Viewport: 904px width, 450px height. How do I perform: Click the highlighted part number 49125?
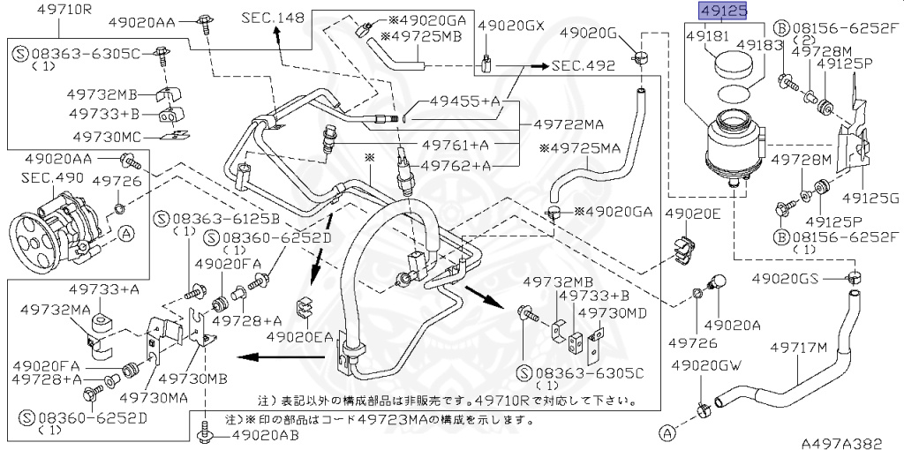(x=722, y=11)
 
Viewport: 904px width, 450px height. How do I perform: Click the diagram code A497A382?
(x=841, y=442)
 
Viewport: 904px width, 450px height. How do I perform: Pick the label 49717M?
(x=798, y=348)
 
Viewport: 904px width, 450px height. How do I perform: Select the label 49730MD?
(x=613, y=313)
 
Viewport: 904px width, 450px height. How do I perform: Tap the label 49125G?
(x=872, y=199)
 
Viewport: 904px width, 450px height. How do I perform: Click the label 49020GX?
(x=511, y=26)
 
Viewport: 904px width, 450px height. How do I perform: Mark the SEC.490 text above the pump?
(x=52, y=177)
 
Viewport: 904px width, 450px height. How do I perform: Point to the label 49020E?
(x=693, y=214)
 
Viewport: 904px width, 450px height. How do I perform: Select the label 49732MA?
(x=56, y=310)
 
